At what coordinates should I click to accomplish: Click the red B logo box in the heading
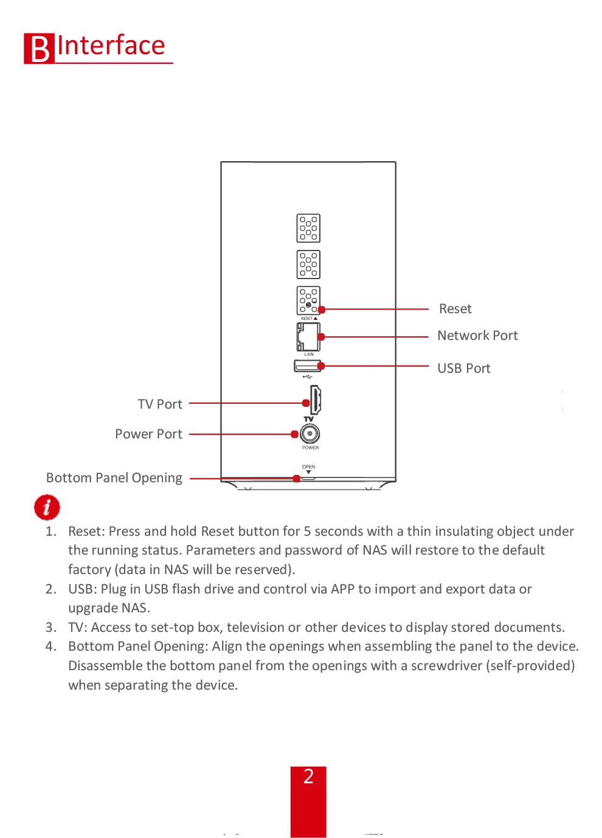[39, 49]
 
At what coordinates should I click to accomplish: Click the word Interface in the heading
[111, 46]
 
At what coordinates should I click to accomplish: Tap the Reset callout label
[455, 309]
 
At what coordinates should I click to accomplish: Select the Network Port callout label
[477, 336]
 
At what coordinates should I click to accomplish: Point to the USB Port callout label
[463, 369]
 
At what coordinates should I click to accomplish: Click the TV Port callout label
[160, 404]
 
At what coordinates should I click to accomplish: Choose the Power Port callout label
[148, 434]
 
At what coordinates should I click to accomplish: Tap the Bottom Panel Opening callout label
[114, 478]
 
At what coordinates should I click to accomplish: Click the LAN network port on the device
[308, 336]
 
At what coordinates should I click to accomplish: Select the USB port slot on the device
[307, 365]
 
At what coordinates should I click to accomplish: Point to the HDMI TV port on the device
[316, 400]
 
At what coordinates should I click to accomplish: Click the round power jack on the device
[310, 434]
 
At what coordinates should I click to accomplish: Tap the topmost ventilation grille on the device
[308, 228]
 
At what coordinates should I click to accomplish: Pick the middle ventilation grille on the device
[308, 265]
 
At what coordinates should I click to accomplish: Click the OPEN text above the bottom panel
[308, 467]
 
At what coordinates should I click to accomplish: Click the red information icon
[47, 507]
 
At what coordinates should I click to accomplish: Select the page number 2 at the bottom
[308, 777]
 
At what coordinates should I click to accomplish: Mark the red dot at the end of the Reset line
[322, 310]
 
